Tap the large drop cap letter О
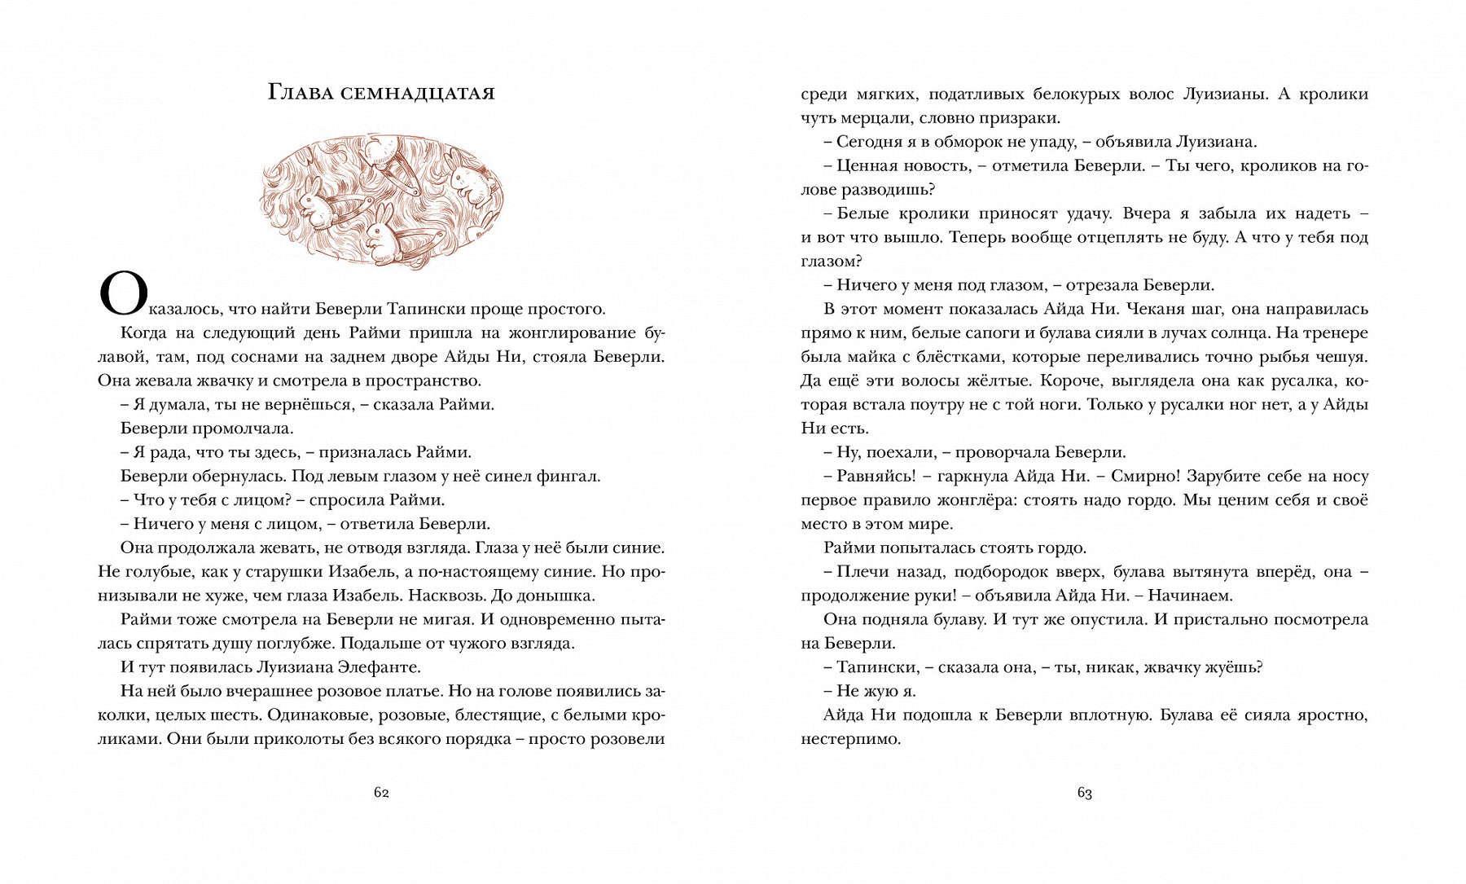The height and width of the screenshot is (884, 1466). pyautogui.click(x=123, y=295)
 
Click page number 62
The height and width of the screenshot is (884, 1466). pyautogui.click(x=381, y=793)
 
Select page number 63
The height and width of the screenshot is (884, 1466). pyautogui.click(x=1084, y=793)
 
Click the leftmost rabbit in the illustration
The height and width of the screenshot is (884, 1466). pyautogui.click(x=313, y=204)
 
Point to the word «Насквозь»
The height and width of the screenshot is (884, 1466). pyautogui.click(x=441, y=595)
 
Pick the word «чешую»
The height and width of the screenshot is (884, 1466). pyautogui.click(x=1340, y=357)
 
